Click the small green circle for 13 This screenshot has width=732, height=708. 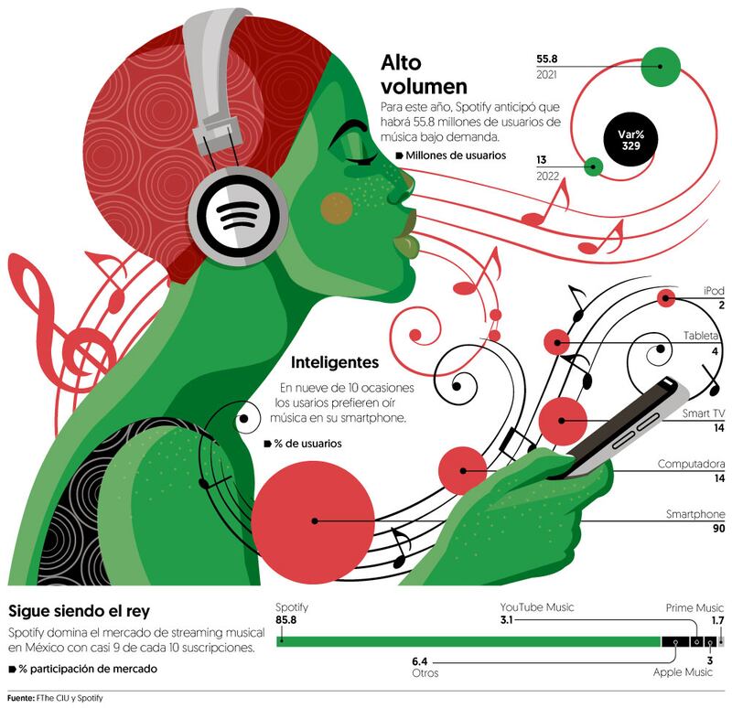click(x=594, y=166)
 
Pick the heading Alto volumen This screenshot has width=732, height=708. click(x=425, y=74)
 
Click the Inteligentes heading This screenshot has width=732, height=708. click(x=334, y=361)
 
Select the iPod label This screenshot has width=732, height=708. click(x=713, y=291)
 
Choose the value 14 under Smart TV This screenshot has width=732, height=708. click(x=718, y=428)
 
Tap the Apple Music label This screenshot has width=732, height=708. click(x=683, y=672)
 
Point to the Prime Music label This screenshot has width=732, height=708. click(x=694, y=607)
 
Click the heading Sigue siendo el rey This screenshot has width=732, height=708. click(x=79, y=610)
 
